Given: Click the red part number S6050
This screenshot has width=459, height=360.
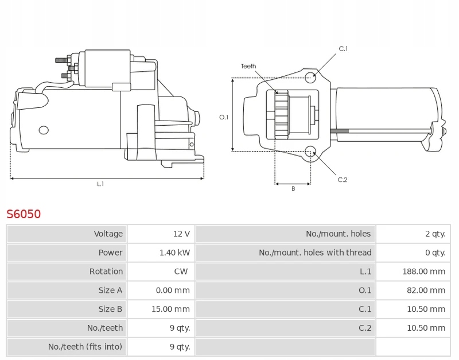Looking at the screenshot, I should tap(24, 214).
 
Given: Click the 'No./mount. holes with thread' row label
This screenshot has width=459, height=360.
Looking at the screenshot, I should tap(315, 253).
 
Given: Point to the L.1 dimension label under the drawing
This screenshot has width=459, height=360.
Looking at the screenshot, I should tap(100, 184).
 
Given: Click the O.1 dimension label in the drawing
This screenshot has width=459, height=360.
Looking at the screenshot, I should tap(224, 117).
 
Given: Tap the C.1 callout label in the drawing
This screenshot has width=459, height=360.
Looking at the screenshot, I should tap(343, 49).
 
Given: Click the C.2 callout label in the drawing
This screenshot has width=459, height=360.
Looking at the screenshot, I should tap(343, 180).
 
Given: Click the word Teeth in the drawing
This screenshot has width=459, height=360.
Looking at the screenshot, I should tap(248, 67).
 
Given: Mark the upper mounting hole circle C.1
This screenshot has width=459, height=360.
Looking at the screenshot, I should tap(310, 78).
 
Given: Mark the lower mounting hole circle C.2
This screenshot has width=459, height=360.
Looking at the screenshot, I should tap(310, 152).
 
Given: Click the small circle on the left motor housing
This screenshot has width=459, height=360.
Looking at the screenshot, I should tap(44, 130).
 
